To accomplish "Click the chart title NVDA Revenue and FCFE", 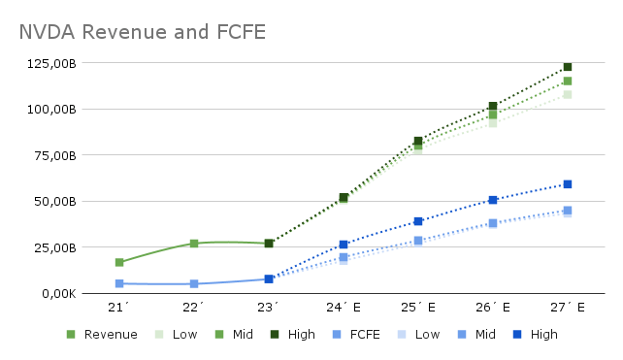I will point(142,33).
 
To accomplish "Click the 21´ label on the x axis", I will point(119,308).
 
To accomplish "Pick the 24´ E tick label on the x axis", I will point(344,308).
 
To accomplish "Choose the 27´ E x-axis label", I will point(567,308).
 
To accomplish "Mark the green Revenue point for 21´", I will point(119,263).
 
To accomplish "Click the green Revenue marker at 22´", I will point(194,244).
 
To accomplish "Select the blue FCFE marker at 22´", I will point(194,284).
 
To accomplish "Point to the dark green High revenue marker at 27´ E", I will point(568,67).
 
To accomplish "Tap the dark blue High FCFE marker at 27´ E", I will point(568,184).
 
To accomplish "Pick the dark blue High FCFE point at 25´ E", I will point(418,221).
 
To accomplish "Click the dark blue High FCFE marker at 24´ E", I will point(344,245).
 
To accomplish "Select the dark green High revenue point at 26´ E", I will point(493,106).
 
